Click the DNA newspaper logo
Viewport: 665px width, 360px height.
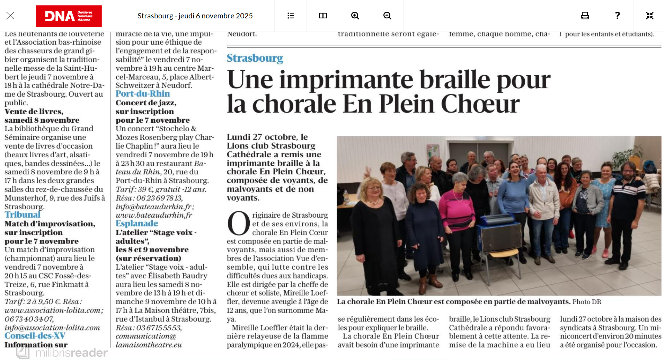click(69, 16)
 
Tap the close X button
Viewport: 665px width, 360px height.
click(10, 16)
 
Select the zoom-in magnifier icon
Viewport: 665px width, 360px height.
click(355, 16)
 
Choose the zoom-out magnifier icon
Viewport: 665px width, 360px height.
click(387, 16)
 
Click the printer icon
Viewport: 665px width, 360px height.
click(585, 16)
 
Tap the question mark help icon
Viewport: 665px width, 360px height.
click(617, 16)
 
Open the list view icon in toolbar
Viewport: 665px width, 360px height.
click(291, 16)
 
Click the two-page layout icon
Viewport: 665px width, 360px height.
click(323, 16)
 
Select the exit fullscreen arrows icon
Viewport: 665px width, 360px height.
click(649, 16)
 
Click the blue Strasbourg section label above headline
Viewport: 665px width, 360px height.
click(255, 58)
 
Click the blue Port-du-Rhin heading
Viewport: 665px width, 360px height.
click(143, 94)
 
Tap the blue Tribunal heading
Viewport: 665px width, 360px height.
click(23, 214)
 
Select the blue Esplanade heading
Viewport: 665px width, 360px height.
click(137, 223)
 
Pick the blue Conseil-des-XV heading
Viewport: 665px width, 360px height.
click(35, 335)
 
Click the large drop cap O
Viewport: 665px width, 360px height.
click(239, 224)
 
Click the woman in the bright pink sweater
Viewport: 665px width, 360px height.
click(458, 208)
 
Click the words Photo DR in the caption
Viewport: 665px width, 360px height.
click(587, 302)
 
